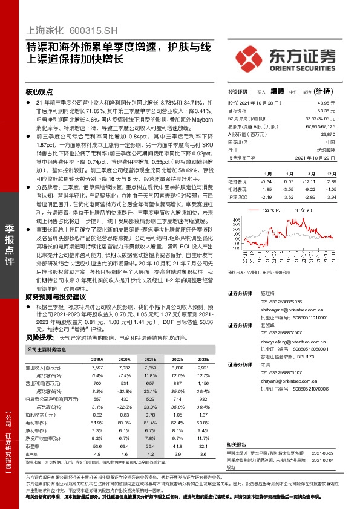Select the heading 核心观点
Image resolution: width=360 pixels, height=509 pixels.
(41, 92)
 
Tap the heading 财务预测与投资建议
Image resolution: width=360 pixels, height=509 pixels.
(56, 297)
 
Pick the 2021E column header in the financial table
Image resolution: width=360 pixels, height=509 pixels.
(150, 358)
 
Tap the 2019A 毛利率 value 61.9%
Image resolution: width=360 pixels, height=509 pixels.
(97, 422)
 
